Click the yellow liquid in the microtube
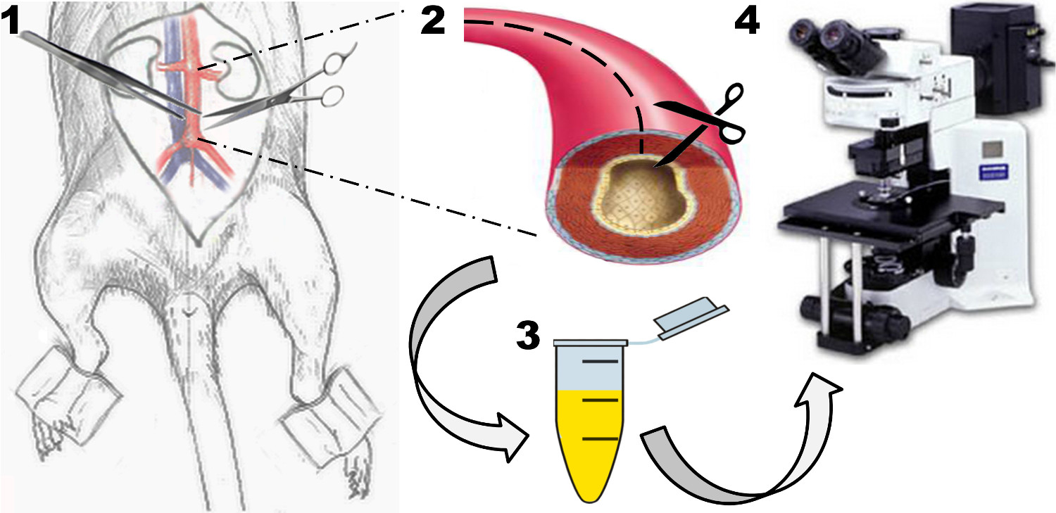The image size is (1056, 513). coord(588,436)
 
